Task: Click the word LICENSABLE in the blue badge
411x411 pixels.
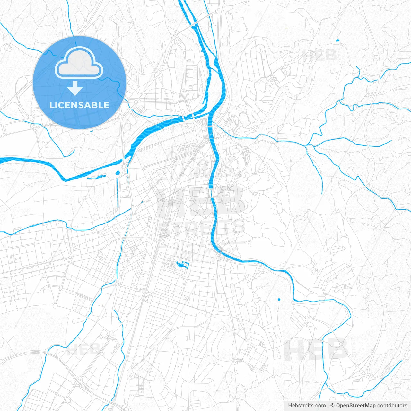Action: [x=79, y=105]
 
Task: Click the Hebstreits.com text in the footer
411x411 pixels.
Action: [x=307, y=406]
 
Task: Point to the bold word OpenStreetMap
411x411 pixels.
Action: [x=355, y=406]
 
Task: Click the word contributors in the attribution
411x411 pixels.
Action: [x=392, y=406]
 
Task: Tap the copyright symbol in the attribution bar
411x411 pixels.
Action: [x=333, y=406]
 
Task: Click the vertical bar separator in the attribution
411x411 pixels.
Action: [x=328, y=406]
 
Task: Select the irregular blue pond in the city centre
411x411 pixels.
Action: [x=182, y=265]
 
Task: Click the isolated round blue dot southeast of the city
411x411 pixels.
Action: [x=279, y=300]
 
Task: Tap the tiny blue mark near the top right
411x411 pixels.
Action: [x=337, y=40]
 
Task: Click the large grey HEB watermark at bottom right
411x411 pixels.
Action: [x=316, y=349]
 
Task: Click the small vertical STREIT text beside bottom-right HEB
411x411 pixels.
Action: [x=354, y=347]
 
